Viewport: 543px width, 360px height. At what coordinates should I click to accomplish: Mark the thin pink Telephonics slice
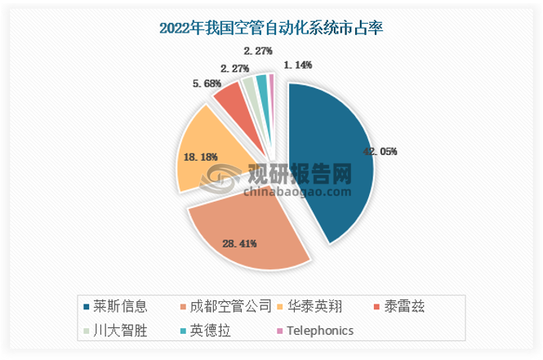[272, 79]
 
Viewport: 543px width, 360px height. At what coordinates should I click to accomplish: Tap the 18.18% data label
[201, 156]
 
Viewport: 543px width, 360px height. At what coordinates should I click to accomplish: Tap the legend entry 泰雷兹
[401, 308]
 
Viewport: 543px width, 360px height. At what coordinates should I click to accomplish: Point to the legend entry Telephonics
[314, 331]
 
